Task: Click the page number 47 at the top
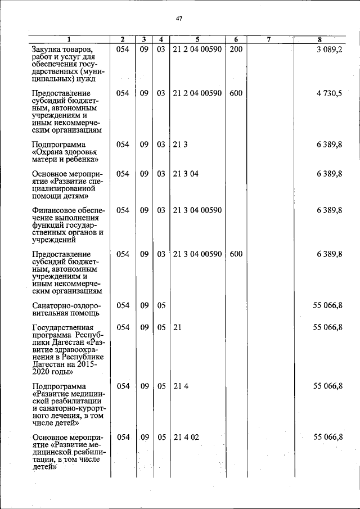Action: [179, 19]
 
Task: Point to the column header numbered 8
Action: [319, 39]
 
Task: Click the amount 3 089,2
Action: [330, 49]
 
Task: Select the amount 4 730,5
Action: [329, 93]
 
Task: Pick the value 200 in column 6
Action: [236, 49]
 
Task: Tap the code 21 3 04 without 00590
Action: [186, 174]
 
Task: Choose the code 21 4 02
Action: [186, 437]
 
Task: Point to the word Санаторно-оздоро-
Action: [67, 305]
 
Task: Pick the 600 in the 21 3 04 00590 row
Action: [236, 254]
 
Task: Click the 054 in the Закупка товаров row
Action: [123, 49]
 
